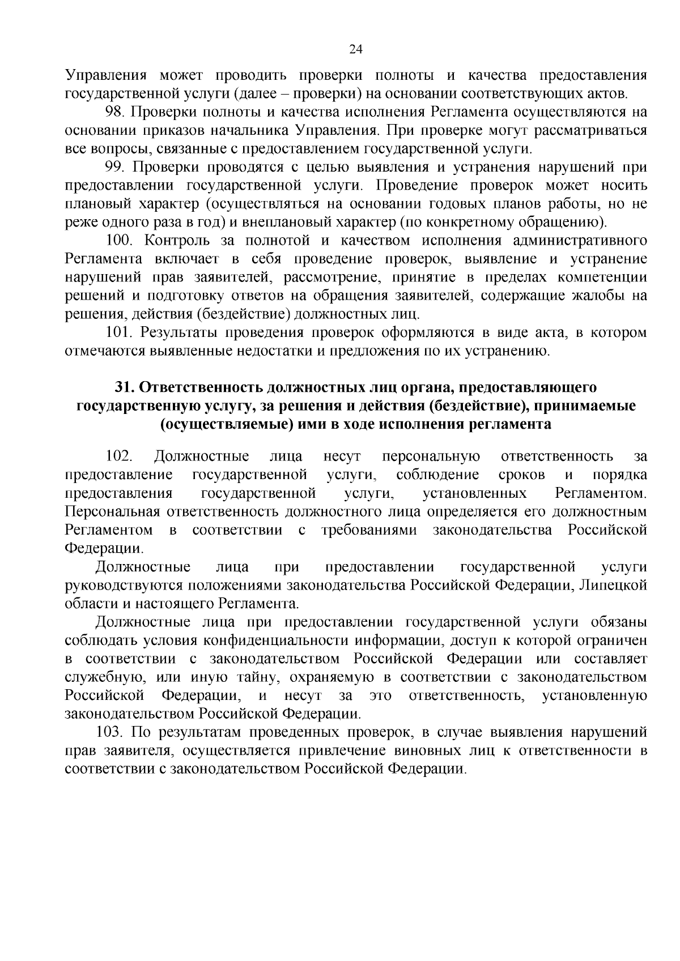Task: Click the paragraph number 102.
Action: click(x=118, y=456)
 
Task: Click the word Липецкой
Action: click(x=613, y=585)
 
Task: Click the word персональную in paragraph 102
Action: click(x=431, y=456)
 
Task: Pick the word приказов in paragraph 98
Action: click(x=150, y=130)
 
